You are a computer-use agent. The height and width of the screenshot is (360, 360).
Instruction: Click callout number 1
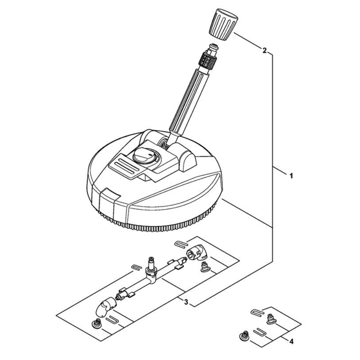click(291, 176)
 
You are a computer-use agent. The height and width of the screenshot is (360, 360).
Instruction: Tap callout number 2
click(265, 50)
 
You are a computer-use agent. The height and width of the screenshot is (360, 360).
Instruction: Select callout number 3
click(186, 302)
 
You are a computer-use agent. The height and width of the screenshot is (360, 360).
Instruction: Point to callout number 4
click(291, 341)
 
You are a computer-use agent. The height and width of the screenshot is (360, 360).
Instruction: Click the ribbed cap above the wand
click(224, 25)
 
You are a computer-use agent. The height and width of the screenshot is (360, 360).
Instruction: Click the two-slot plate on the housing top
click(125, 165)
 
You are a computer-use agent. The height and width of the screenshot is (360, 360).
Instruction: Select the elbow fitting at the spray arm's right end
click(197, 254)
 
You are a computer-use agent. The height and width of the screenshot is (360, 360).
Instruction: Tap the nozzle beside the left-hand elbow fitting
click(96, 323)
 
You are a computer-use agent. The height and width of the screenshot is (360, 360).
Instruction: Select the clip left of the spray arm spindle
click(137, 267)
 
